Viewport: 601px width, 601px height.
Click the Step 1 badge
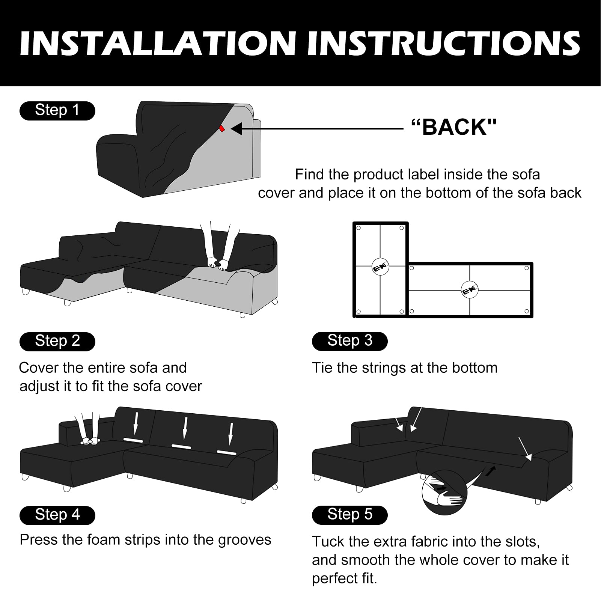click(57, 111)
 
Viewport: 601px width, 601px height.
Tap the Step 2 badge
click(57, 342)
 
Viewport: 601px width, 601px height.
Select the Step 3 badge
click(349, 341)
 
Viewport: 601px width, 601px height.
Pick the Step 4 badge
click(57, 515)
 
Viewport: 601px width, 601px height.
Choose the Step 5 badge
click(349, 515)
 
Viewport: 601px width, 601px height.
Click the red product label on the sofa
click(222, 128)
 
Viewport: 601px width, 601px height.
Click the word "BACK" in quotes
click(454, 127)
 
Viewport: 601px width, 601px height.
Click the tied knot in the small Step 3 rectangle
click(381, 267)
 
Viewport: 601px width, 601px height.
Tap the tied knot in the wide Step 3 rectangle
click(470, 290)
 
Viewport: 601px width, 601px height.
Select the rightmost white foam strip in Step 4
click(226, 452)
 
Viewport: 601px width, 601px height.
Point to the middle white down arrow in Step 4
click(185, 428)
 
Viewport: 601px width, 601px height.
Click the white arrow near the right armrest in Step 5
click(525, 449)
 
